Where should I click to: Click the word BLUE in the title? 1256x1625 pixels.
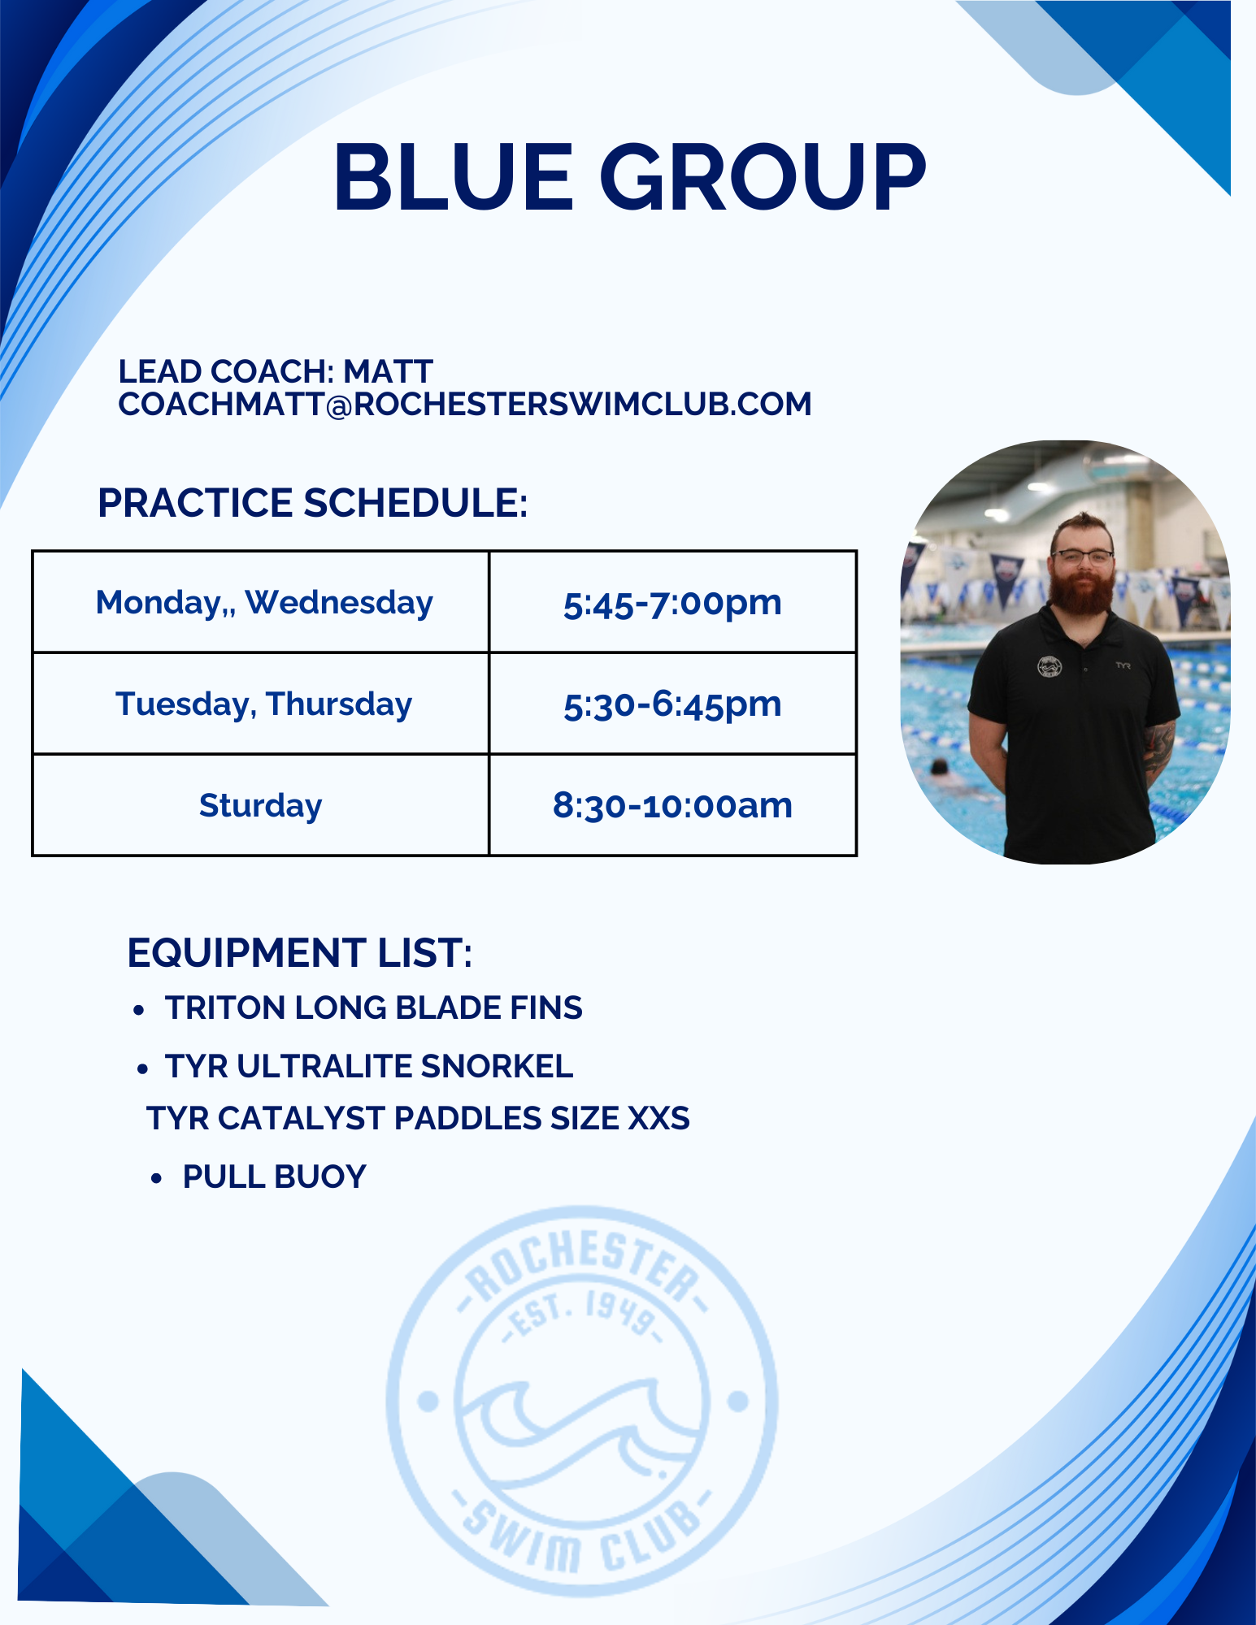coord(454,176)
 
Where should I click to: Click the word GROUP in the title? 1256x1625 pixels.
coord(763,176)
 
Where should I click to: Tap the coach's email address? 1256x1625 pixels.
coord(465,404)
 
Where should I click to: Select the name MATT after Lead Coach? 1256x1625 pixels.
coord(388,371)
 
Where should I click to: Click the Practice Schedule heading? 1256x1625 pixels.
coord(313,502)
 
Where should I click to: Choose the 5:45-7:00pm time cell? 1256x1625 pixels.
coord(672,603)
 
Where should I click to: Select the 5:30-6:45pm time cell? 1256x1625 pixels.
coord(672,704)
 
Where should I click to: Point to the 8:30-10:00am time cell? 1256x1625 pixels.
coord(672,805)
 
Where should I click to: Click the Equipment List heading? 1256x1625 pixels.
coord(300,952)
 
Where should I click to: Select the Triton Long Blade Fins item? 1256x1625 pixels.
coord(374,1007)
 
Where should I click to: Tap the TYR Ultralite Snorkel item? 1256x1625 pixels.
coord(369,1066)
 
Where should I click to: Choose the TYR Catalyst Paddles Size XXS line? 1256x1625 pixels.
coord(418,1118)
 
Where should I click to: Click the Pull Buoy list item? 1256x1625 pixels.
coord(275,1176)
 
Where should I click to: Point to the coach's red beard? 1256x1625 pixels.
coord(1082,589)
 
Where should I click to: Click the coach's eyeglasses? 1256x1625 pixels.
coord(1082,557)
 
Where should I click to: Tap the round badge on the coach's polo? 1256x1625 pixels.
coord(1050,666)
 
